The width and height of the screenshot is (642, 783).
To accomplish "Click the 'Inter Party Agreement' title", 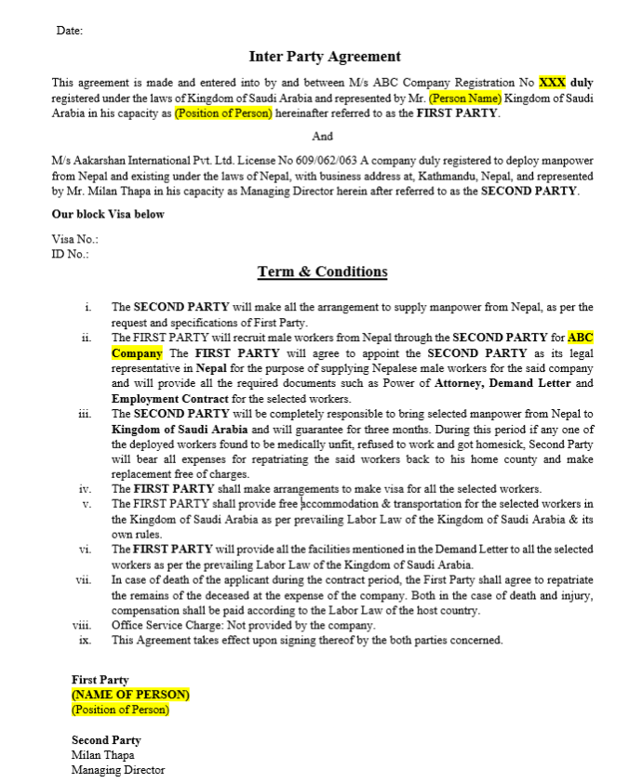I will [x=325, y=57].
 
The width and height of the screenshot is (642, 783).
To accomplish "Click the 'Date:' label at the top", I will [x=69, y=31].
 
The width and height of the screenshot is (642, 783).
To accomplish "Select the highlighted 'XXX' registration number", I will [x=552, y=82].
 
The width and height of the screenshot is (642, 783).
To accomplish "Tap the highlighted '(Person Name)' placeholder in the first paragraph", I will [x=465, y=98].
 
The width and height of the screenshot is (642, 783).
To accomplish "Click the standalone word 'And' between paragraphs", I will [x=322, y=137].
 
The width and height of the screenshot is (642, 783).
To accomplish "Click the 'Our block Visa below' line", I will [x=108, y=214].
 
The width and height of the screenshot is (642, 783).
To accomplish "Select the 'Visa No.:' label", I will [x=74, y=239].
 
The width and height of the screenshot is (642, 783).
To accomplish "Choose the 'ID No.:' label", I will [x=71, y=253].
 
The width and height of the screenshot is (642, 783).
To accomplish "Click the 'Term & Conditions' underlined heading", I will [x=322, y=272].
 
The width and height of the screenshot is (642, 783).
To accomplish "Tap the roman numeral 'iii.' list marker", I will [x=86, y=414].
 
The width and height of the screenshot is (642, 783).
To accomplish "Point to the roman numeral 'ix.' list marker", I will [x=86, y=640].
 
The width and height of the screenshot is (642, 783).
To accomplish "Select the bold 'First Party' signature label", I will [x=100, y=680].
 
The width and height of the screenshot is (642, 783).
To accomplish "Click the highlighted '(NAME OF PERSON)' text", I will [x=130, y=695].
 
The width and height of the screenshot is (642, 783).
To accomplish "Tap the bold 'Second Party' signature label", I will [x=106, y=740].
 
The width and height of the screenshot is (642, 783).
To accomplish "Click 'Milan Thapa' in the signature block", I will [x=102, y=755].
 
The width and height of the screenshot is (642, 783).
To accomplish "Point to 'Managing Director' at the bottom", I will [x=118, y=770].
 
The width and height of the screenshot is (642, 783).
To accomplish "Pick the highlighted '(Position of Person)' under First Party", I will [x=120, y=710].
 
